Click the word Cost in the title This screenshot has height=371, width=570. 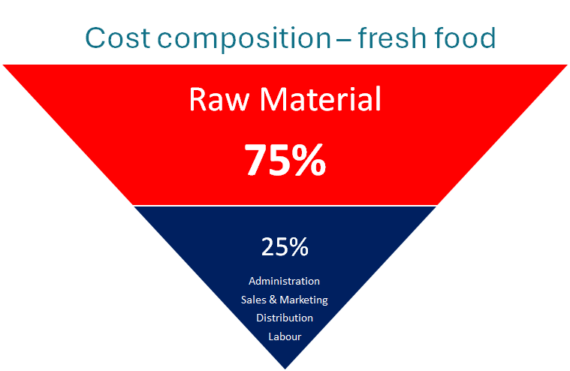(x=117, y=38)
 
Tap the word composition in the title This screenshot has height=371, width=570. (x=244, y=38)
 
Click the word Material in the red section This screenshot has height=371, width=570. (x=320, y=98)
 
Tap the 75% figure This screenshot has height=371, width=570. (x=285, y=159)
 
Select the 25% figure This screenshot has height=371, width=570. (x=285, y=247)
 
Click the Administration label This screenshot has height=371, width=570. (x=285, y=281)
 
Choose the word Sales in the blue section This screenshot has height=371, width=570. (x=254, y=300)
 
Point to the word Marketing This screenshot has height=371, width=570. (x=303, y=300)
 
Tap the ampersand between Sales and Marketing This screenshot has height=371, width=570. (x=273, y=300)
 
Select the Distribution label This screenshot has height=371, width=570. (x=285, y=318)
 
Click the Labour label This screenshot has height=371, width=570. (x=285, y=336)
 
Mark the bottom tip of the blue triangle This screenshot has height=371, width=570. (x=285, y=369)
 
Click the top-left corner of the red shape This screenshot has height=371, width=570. (x=3, y=65)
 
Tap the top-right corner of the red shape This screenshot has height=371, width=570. (x=567, y=65)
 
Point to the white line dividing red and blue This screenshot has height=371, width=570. (x=285, y=206)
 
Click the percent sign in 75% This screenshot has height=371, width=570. (x=309, y=159)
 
